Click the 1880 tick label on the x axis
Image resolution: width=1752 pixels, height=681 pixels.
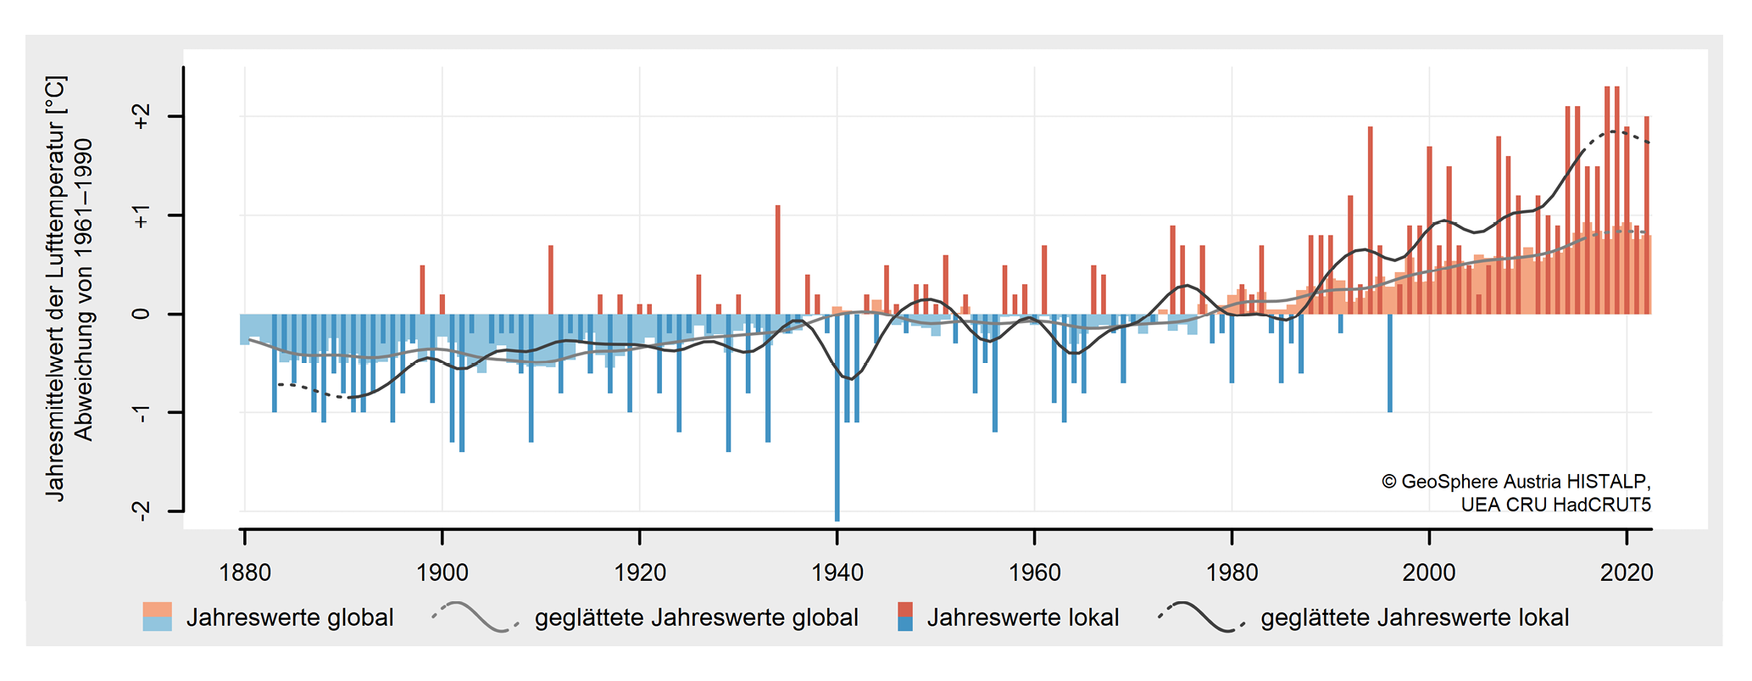click(x=245, y=573)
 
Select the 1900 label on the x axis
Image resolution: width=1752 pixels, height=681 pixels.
click(x=442, y=573)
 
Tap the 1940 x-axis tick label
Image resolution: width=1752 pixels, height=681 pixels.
click(x=837, y=573)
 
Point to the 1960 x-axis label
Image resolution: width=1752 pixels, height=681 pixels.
click(x=1035, y=573)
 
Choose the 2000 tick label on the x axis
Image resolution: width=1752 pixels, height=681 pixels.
click(x=1429, y=573)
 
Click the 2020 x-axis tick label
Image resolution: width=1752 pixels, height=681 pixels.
click(x=1627, y=573)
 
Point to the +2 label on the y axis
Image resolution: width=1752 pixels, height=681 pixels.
click(x=141, y=117)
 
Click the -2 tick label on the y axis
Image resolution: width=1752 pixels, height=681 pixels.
click(x=141, y=511)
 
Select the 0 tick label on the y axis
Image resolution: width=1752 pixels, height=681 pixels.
click(x=141, y=314)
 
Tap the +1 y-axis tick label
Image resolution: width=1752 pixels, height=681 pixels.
click(x=141, y=216)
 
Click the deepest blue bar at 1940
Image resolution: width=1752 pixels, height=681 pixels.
click(x=837, y=424)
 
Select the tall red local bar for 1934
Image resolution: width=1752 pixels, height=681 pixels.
click(x=778, y=259)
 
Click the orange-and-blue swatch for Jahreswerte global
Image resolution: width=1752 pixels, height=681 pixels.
click(x=158, y=617)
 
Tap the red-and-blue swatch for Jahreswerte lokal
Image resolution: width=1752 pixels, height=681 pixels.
click(x=905, y=617)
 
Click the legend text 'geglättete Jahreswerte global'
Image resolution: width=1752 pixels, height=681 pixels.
click(x=696, y=617)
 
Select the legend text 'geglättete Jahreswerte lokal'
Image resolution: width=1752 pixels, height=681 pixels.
click(x=1415, y=617)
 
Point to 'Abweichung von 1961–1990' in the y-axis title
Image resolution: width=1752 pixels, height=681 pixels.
click(x=84, y=290)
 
